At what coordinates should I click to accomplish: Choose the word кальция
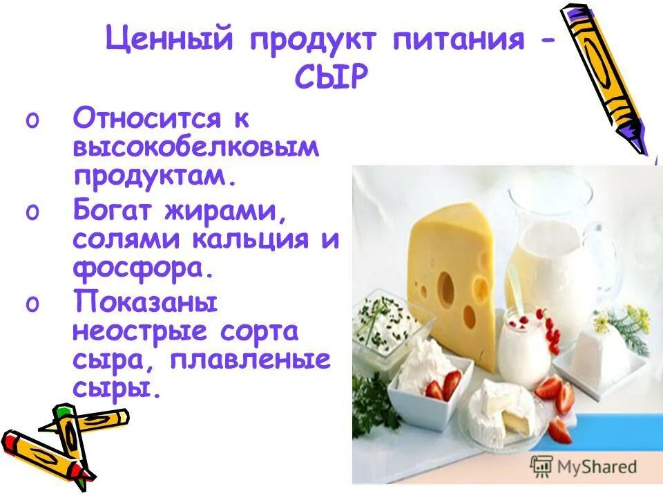point(256,239)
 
